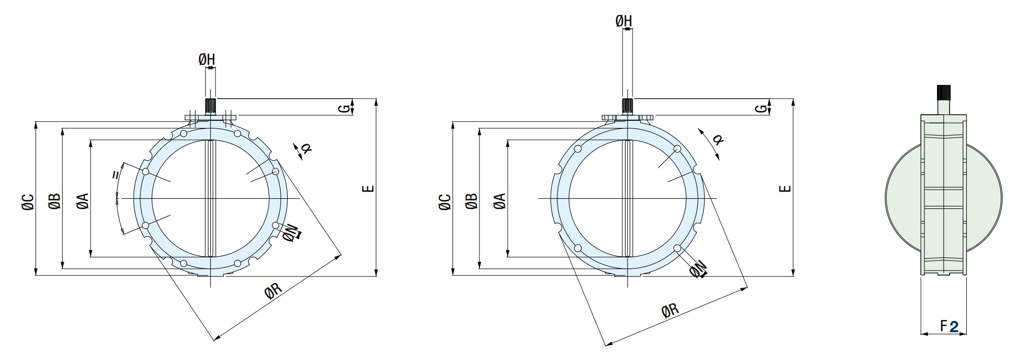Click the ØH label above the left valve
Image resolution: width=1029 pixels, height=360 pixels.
206,60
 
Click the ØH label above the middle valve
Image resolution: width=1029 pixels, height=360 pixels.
623,21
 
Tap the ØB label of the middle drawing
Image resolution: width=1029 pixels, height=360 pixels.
471,201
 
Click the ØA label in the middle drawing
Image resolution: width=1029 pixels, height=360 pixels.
500,201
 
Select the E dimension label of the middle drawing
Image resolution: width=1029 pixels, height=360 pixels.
785,189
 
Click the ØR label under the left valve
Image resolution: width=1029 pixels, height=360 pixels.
273,291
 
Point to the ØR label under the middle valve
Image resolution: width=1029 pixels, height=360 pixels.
670,310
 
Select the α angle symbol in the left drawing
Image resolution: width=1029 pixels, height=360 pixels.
305,148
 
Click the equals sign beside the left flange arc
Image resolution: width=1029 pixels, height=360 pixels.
116,175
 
